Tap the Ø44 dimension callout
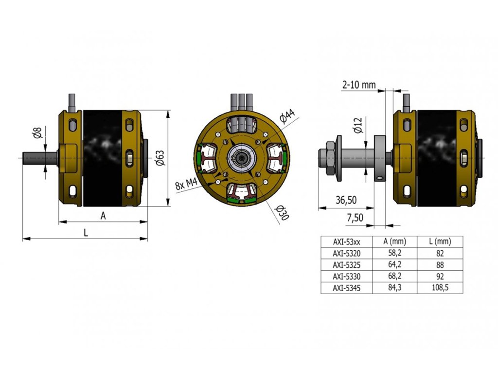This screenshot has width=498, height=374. tap(287, 117)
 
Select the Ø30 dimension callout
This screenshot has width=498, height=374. tap(282, 213)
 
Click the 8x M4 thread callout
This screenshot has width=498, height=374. tap(185, 185)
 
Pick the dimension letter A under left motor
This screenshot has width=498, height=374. tap(103, 216)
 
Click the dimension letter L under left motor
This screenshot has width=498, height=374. tap(86, 233)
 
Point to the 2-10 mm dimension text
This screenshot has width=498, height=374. tap(359, 85)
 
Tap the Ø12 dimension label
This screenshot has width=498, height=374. tap(358, 126)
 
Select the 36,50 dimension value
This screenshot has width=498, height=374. tap(346, 200)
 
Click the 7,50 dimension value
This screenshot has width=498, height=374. tap(355, 218)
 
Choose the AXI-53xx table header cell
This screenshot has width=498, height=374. tap(346, 242)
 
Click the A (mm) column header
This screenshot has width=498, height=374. tap(394, 242)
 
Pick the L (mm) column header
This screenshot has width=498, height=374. tap(440, 242)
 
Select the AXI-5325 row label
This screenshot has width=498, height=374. tap(346, 265)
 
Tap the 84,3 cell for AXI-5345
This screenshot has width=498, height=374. tap(394, 288)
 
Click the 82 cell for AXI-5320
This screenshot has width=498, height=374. tap(440, 253)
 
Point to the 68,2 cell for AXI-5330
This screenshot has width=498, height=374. tap(394, 276)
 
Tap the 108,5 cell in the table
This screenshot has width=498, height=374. tap(440, 288)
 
